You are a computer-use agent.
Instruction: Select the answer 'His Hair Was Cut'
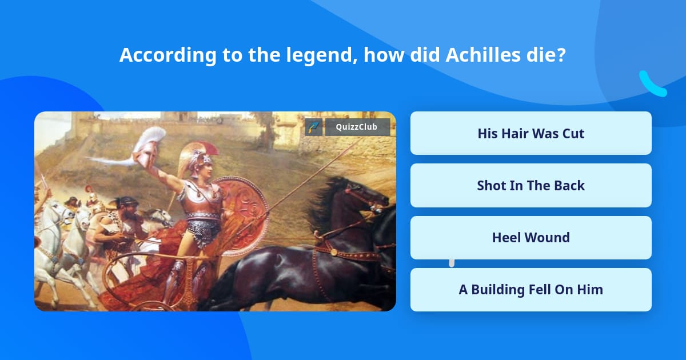coord(531,133)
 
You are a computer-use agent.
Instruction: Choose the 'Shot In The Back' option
coord(531,185)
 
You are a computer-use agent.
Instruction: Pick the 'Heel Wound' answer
coord(531,237)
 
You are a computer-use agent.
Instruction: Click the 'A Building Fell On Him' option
coord(531,289)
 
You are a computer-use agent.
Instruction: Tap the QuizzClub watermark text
coord(357,127)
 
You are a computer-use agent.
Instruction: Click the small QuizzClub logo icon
coord(314,127)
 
